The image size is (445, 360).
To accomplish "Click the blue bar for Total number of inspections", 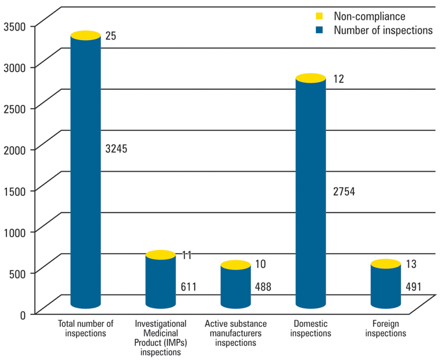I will tap(85, 172).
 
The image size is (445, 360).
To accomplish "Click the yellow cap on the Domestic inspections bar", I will tap(310, 78).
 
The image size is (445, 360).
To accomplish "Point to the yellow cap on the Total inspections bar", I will tap(85, 36).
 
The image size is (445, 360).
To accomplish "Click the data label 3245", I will tap(116, 149).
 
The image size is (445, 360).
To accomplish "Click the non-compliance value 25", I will tap(111, 37).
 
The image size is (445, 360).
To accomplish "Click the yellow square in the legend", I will tap(320, 17).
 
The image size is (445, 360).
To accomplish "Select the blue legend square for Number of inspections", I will tap(320, 30).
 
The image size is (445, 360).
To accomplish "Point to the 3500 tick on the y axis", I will tap(13, 26).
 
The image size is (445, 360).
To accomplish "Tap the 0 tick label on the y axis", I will tap(22, 314).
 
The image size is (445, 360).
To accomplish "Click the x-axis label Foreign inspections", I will tap(385, 328).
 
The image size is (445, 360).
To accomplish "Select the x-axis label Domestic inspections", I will tap(311, 328).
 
